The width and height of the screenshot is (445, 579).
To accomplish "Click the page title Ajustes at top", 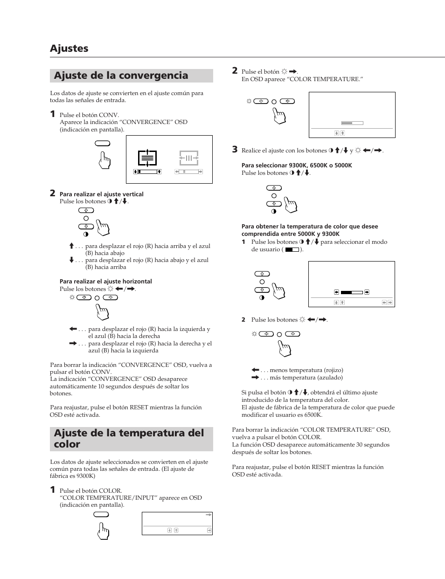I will (x=69, y=48).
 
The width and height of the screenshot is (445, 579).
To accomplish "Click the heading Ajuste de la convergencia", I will (x=121, y=76).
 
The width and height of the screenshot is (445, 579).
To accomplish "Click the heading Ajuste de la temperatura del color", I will (x=129, y=439).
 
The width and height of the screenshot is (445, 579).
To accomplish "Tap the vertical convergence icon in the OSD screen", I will (x=147, y=159).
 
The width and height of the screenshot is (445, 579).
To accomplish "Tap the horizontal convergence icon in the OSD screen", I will (x=189, y=158).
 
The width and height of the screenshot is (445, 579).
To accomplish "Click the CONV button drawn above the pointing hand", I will (x=102, y=144).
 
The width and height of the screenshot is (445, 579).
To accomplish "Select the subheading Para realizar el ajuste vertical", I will (x=101, y=194).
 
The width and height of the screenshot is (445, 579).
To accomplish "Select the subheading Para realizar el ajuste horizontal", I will (x=105, y=282).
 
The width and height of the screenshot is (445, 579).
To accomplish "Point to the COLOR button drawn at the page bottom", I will (x=101, y=515).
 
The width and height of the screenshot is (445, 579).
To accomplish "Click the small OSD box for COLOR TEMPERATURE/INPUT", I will (x=177, y=523).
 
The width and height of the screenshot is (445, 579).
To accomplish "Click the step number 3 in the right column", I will (x=235, y=150).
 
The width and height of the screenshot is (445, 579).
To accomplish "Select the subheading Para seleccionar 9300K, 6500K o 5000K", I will (x=296, y=165).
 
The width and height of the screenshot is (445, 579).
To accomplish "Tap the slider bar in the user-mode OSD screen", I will (x=351, y=292).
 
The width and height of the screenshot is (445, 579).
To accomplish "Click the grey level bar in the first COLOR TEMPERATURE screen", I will (x=352, y=123).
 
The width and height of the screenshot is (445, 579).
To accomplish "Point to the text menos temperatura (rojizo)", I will (x=306, y=370).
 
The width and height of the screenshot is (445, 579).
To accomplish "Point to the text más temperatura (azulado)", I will (x=306, y=378).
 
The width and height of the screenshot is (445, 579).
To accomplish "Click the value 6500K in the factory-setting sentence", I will (x=312, y=415).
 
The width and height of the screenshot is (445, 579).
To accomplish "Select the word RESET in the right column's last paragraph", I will (x=321, y=467).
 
